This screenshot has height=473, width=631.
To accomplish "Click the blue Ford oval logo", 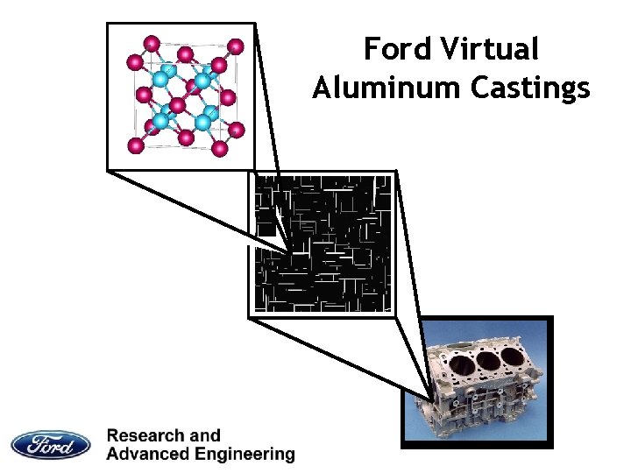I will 51,444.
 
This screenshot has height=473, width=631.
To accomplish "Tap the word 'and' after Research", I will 205,435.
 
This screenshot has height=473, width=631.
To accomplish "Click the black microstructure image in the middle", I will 322,243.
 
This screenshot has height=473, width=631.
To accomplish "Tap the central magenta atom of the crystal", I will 179,106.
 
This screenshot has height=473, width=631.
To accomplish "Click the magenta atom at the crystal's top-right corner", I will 235,46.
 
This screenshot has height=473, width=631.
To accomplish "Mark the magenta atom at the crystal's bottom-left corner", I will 135,145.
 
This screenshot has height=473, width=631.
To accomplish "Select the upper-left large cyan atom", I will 161,79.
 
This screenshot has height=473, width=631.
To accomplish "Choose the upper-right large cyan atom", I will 202,81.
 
